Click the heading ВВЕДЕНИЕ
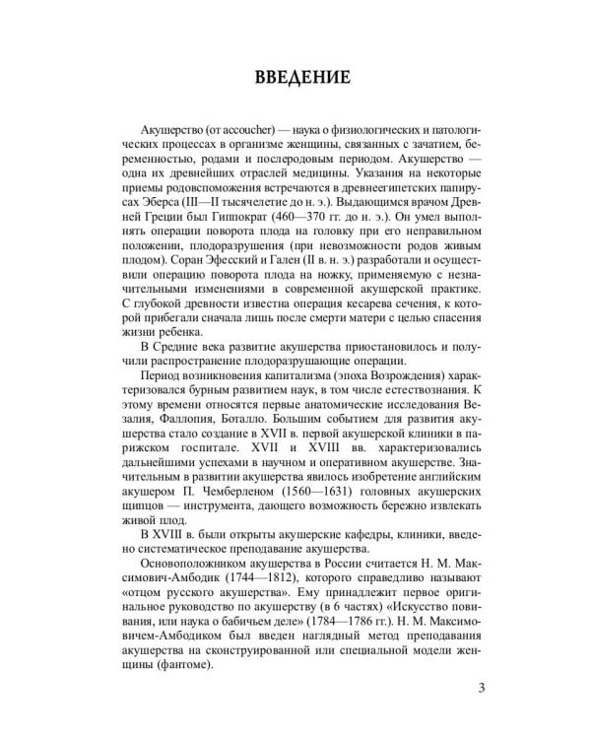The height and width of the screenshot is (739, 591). coord(295,76)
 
